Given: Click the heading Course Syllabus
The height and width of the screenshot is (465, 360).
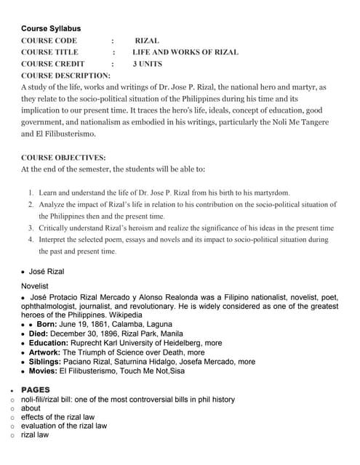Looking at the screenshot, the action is [51, 28].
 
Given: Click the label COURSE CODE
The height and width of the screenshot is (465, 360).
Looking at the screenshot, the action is [49, 41].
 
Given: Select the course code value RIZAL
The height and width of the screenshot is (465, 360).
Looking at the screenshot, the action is [147, 41].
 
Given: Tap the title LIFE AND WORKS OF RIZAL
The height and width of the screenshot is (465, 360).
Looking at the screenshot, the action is [185, 52].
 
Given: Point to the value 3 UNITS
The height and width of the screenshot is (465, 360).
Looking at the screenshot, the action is [148, 64].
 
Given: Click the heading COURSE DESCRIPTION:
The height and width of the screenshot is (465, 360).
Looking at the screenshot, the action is [65, 76].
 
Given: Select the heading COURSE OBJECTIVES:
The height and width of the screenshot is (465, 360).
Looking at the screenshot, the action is [63, 157].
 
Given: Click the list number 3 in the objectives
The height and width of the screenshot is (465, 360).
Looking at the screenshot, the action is [31, 227].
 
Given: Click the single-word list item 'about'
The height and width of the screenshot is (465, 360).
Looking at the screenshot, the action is [31, 408].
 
